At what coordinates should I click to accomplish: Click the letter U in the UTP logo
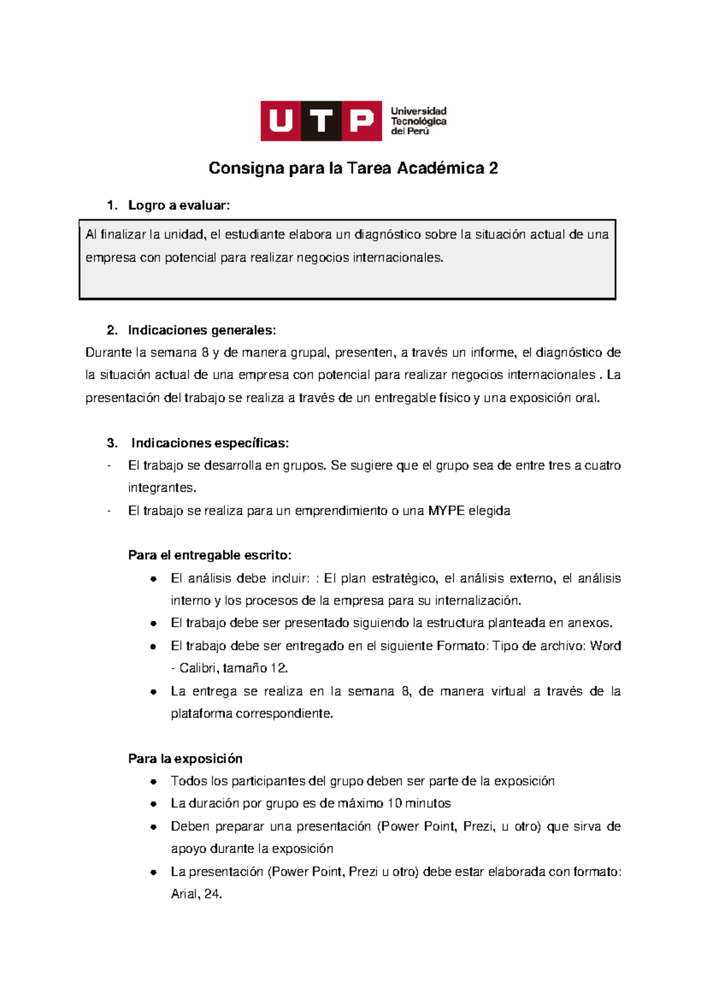click(x=281, y=121)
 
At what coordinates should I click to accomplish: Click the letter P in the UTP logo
click(x=361, y=121)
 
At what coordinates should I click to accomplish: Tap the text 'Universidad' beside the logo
click(x=418, y=111)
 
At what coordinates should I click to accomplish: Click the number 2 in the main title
click(x=493, y=169)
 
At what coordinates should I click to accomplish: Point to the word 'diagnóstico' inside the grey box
click(x=387, y=235)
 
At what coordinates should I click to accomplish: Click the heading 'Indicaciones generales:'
click(x=201, y=330)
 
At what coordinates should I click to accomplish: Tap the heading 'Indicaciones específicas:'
click(x=210, y=443)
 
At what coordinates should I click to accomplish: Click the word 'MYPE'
click(x=447, y=511)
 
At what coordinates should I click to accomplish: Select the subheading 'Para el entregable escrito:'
click(x=210, y=555)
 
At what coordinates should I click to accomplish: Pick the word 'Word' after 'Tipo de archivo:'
click(x=605, y=646)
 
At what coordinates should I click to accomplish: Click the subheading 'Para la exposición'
click(x=185, y=759)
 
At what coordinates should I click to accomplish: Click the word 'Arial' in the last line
click(x=183, y=894)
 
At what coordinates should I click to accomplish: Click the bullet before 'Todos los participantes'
click(x=153, y=782)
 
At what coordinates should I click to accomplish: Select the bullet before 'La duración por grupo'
click(x=153, y=804)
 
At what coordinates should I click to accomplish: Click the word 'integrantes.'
click(x=162, y=488)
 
